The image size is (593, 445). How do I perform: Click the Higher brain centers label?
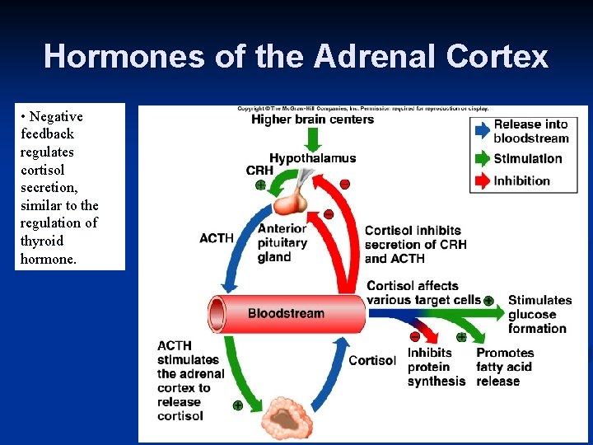pyautogui.click(x=312, y=119)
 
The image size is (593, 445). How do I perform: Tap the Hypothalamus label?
pyautogui.click(x=312, y=157)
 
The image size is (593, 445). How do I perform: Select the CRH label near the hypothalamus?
pyautogui.click(x=259, y=171)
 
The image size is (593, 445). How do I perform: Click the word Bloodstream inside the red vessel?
pyautogui.click(x=286, y=313)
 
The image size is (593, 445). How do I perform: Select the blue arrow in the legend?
pyautogui.click(x=481, y=129)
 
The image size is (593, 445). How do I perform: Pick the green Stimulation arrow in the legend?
pyautogui.click(x=481, y=158)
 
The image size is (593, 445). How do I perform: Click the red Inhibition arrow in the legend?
pyautogui.click(x=481, y=180)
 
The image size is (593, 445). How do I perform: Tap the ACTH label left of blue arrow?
pyautogui.click(x=217, y=238)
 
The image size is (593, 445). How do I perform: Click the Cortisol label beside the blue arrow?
pyautogui.click(x=371, y=360)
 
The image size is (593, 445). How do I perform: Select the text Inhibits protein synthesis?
pyautogui.click(x=436, y=367)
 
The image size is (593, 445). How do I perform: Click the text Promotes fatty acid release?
pyautogui.click(x=504, y=367)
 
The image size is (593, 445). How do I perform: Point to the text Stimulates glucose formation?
pyautogui.click(x=539, y=314)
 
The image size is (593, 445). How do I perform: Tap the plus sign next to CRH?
pyautogui.click(x=260, y=185)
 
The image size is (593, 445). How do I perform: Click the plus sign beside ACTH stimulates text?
pyautogui.click(x=237, y=405)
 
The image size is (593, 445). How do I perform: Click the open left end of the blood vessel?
pyautogui.click(x=217, y=314)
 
